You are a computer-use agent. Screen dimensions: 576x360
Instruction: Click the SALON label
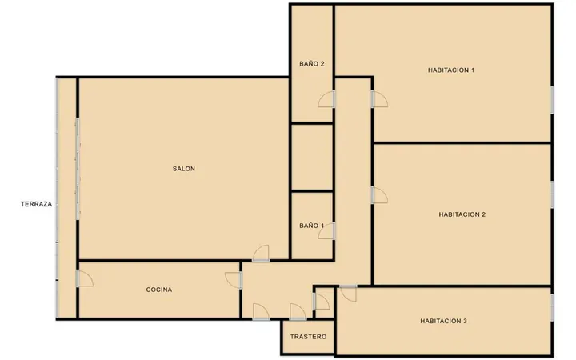[x=184, y=169]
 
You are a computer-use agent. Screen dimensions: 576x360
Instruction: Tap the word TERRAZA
[x=36, y=204]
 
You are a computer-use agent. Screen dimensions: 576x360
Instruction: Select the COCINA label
[x=159, y=290]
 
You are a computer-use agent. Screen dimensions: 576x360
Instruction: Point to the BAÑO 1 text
[x=311, y=226]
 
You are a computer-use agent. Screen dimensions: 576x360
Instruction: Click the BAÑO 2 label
[x=312, y=64]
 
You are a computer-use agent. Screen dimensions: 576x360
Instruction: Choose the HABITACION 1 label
[x=451, y=70]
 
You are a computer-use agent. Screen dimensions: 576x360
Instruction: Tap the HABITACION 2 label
[x=462, y=214]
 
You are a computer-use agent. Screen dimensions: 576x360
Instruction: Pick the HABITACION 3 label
[x=443, y=321]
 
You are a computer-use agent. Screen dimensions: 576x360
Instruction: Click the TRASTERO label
[x=308, y=337]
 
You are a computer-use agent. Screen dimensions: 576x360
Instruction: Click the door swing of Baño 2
[x=326, y=99]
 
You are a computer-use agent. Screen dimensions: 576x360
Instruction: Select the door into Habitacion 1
[x=379, y=99]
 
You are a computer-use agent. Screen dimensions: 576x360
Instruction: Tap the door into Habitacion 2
[x=379, y=195]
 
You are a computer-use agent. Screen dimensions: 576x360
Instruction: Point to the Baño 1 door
[x=326, y=231]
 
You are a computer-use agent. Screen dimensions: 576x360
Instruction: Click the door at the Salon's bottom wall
[x=261, y=253]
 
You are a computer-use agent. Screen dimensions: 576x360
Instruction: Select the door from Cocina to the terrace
[x=85, y=278]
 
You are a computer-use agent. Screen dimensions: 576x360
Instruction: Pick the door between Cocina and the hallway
[x=234, y=280]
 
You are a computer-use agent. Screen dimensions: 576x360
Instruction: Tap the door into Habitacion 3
[x=348, y=293]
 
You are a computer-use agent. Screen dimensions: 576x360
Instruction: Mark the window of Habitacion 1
[x=552, y=100]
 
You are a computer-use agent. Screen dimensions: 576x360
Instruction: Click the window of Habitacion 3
[x=552, y=307]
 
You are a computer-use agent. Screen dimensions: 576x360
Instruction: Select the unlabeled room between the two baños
[x=312, y=158]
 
